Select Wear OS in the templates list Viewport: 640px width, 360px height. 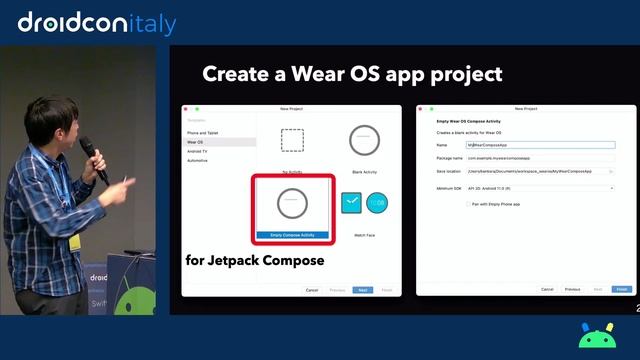pos(195,142)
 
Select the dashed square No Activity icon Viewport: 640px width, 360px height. pos(292,140)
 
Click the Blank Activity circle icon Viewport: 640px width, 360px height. pos(364,140)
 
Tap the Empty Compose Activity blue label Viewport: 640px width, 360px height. pos(291,235)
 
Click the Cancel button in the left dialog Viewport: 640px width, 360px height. pos(312,290)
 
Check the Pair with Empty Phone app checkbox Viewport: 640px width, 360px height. pos(468,204)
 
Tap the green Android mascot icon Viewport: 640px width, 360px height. pos(596,335)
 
